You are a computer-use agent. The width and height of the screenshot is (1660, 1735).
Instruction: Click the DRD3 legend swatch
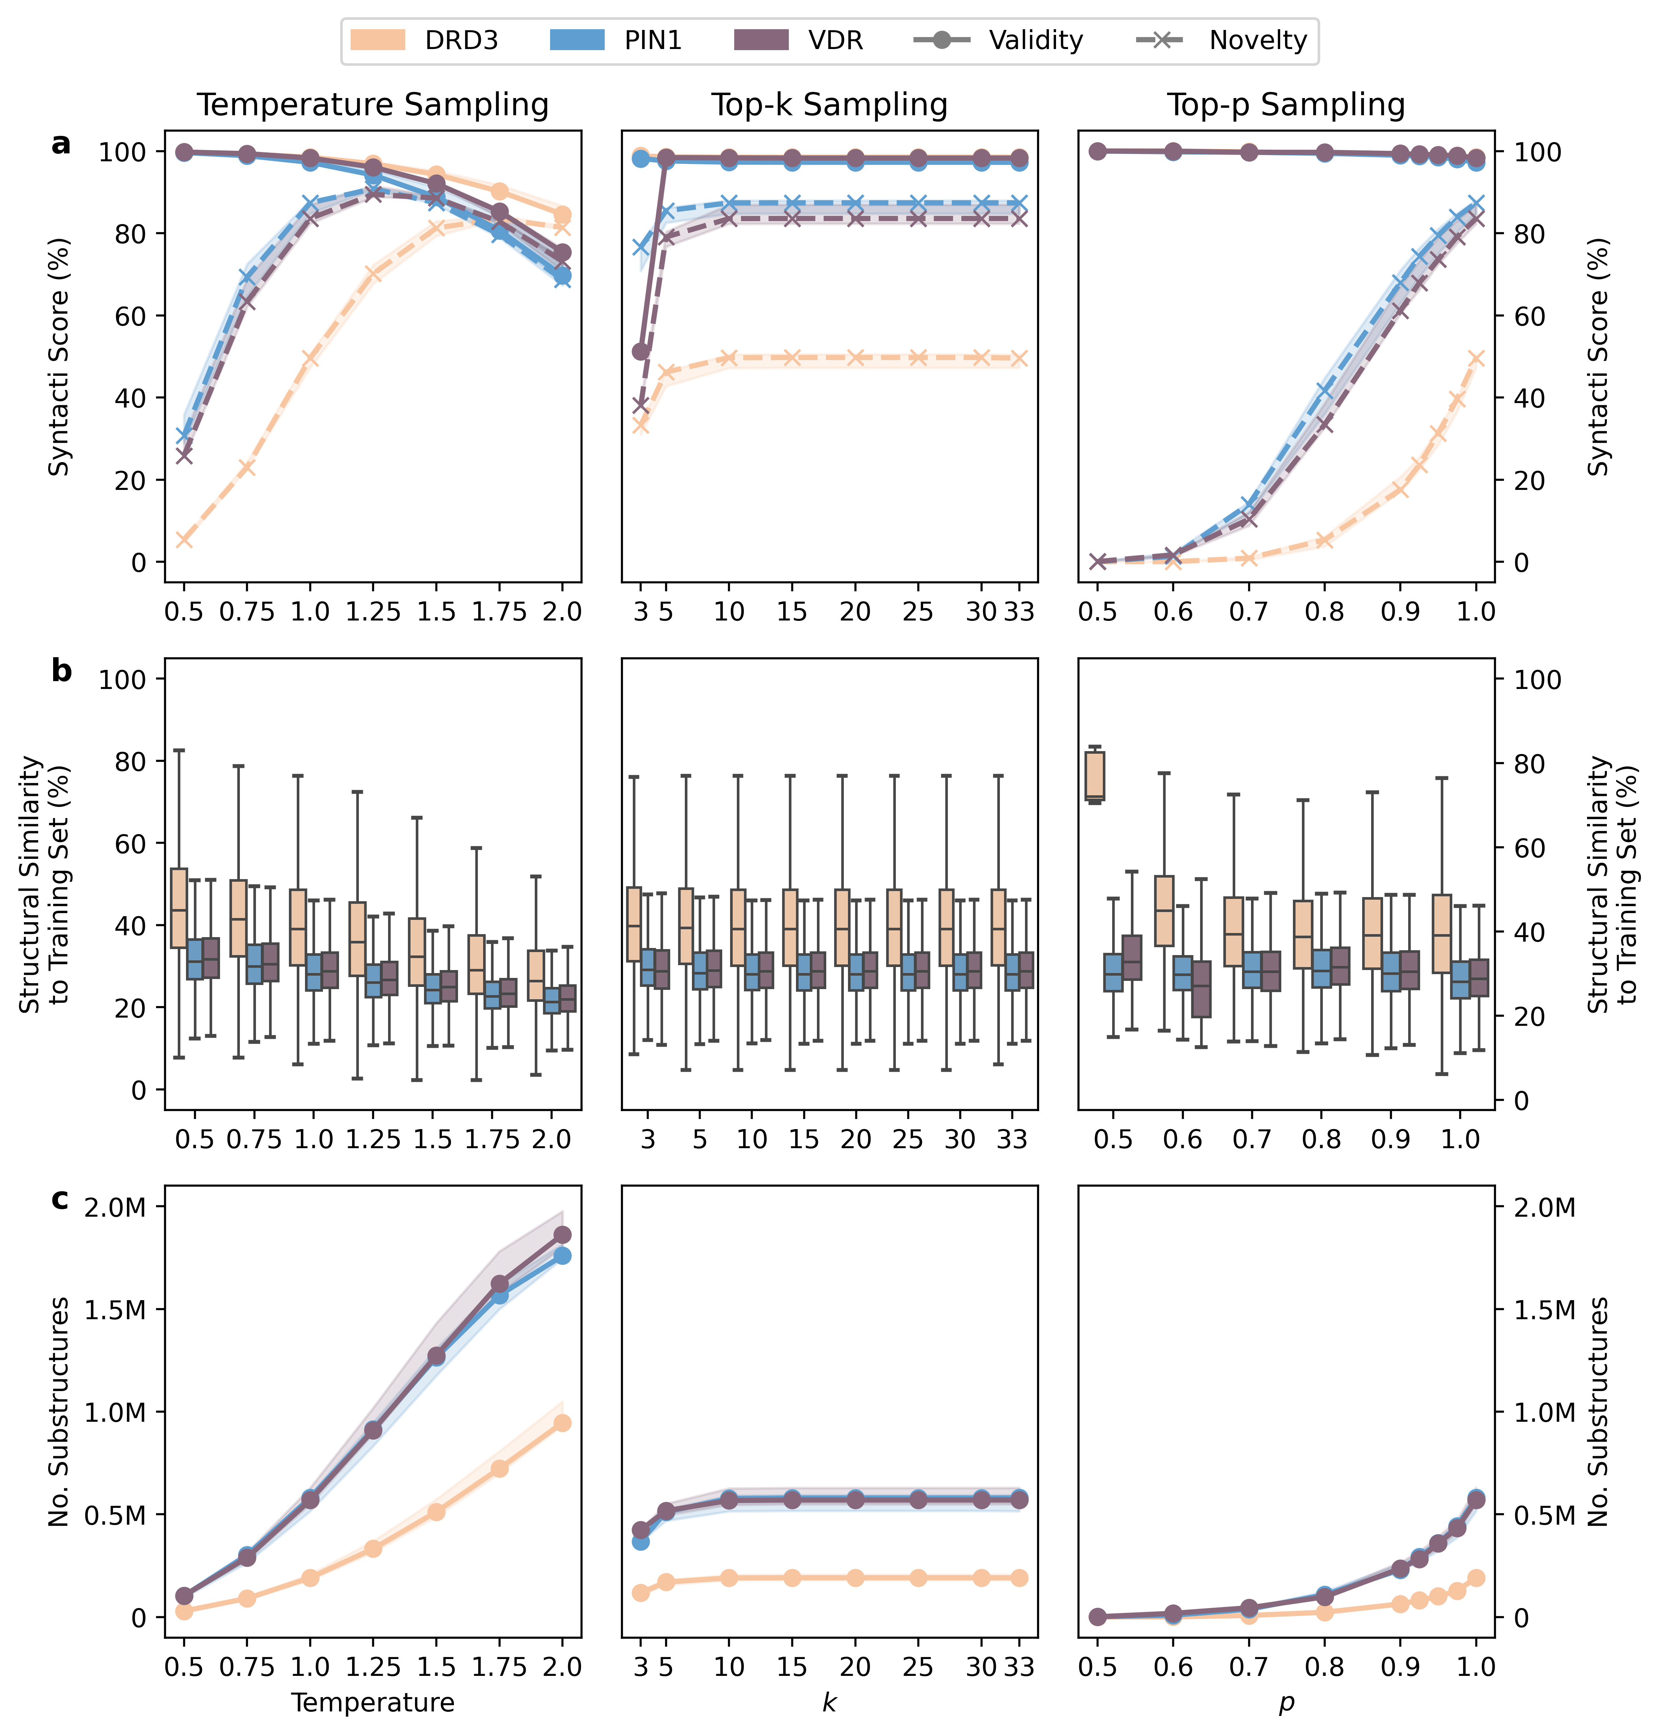click(378, 40)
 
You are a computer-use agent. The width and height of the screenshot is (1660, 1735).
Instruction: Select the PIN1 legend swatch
click(577, 40)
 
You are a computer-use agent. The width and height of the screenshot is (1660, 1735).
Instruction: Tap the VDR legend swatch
click(761, 40)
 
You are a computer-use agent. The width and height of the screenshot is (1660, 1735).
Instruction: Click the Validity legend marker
click(942, 40)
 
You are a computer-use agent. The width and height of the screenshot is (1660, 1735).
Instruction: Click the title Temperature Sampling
click(372, 104)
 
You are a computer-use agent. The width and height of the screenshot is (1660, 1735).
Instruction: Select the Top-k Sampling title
click(829, 104)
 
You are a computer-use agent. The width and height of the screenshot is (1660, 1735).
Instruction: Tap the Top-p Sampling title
click(1286, 104)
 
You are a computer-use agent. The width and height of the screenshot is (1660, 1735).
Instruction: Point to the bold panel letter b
click(61, 671)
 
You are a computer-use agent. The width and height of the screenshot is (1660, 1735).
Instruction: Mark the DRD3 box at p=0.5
click(1095, 775)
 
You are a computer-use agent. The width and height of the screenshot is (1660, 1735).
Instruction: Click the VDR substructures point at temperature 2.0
click(562, 1234)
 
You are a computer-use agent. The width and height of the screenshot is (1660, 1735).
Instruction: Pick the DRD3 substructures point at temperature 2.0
click(562, 1423)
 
